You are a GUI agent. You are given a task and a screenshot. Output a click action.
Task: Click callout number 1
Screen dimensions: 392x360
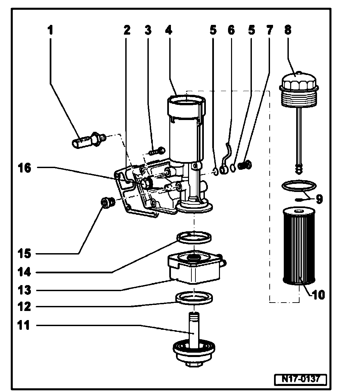50,31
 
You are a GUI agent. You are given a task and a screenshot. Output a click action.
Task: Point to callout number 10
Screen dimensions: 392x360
318,295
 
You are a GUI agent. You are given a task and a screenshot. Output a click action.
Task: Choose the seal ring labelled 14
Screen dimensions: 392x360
194,237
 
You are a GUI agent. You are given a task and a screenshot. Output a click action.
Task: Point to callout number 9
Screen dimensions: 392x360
319,199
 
